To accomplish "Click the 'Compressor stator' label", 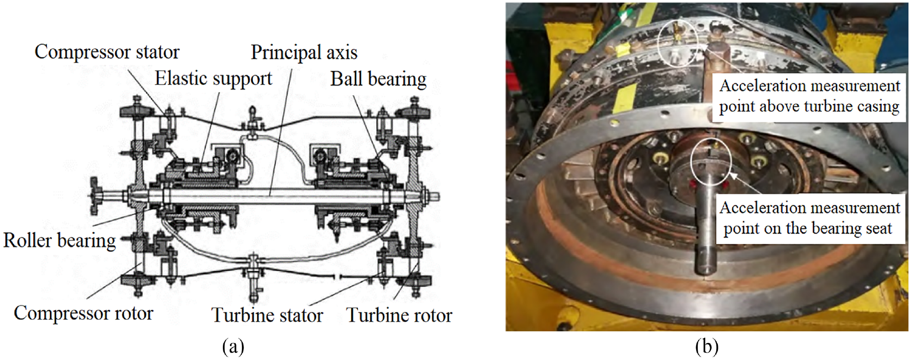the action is [x=107, y=52].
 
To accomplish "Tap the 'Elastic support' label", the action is [x=213, y=78].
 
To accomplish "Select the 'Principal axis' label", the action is [x=304, y=52].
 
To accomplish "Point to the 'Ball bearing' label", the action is [x=378, y=79].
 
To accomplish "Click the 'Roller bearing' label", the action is [x=59, y=240].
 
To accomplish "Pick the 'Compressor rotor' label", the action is [x=84, y=313].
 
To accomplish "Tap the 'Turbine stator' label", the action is [x=267, y=315].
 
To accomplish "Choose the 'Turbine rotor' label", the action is [x=399, y=315].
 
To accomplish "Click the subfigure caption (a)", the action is [x=233, y=347].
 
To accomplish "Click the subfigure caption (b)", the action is [x=707, y=347].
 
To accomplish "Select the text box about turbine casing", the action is [x=808, y=97].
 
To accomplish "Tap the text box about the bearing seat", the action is [x=809, y=219].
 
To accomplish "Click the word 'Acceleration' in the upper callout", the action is [x=761, y=86].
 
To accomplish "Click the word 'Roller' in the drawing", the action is [x=28, y=240].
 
